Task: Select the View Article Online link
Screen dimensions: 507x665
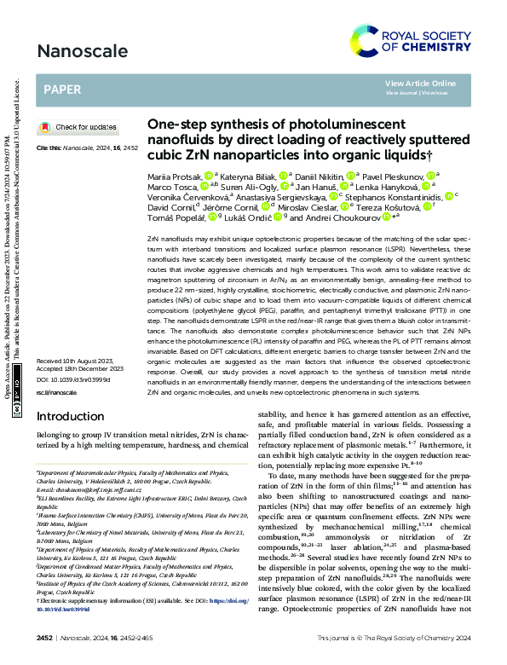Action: (x=420, y=83)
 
